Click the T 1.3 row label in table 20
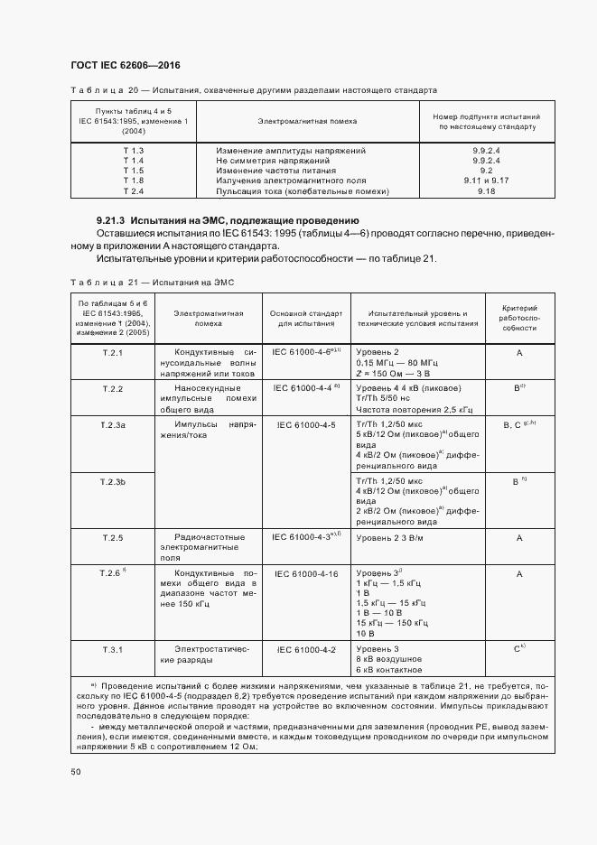coord(134,149)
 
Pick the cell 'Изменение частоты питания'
coord(276,171)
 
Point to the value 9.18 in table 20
coord(486,192)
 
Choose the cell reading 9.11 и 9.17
coord(486,181)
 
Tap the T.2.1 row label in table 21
coord(113,352)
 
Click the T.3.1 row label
coord(113,649)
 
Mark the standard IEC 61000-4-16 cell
coord(305,573)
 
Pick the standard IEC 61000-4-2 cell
coord(305,649)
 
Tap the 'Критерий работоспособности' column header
coord(519,317)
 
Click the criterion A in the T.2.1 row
coord(519,352)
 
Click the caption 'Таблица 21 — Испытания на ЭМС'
coord(153,283)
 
